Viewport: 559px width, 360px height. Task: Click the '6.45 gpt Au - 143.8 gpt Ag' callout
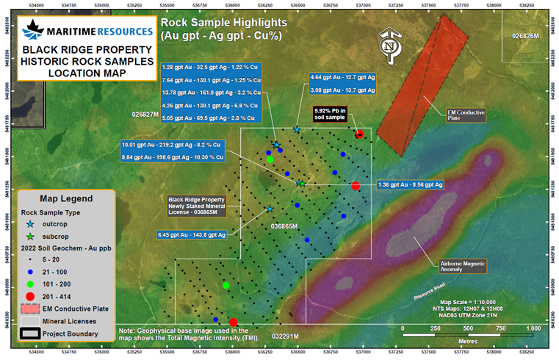click(x=191, y=235)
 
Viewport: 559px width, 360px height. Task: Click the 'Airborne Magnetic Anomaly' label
click(x=461, y=265)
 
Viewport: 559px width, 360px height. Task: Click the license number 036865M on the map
click(x=281, y=226)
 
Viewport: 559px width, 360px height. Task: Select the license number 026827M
click(x=145, y=115)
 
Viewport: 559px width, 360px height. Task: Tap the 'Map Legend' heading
click(x=66, y=198)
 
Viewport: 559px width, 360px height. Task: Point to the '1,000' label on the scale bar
click(x=533, y=328)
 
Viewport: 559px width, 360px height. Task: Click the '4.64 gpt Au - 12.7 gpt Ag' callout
click(x=343, y=76)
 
